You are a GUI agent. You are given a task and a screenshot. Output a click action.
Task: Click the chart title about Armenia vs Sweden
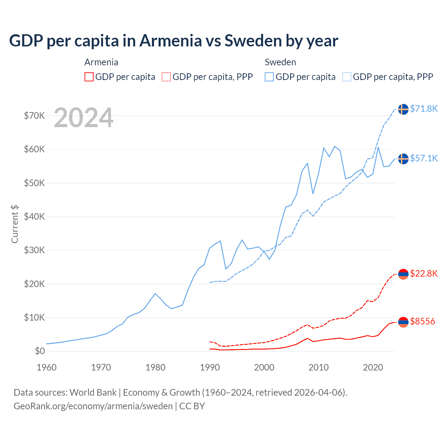coord(174,41)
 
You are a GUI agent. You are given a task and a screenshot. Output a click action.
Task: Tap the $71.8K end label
coord(424,109)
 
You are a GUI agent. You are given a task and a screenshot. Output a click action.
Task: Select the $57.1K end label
coord(424,158)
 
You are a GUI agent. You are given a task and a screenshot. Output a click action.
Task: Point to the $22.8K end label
coord(424,273)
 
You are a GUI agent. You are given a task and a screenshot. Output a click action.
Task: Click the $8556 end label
coord(423,321)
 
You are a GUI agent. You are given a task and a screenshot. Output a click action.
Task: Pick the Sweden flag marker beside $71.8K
coord(403,109)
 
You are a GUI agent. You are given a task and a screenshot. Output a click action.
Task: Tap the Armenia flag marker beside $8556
coord(403,322)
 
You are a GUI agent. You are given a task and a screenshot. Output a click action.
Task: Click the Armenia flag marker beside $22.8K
coord(403,274)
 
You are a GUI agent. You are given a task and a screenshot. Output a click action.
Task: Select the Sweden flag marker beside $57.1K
coord(403,159)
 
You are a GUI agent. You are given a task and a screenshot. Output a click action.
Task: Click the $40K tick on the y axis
coord(34,217)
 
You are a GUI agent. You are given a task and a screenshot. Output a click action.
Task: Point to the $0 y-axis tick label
coord(40,351)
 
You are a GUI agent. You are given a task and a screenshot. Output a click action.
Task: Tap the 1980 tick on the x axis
coord(155,367)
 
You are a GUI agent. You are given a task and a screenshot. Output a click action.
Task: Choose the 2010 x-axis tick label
coord(318,367)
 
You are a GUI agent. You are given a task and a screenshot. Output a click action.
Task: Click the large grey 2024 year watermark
coord(83,118)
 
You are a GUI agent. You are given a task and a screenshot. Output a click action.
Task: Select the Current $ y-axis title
coord(15,224)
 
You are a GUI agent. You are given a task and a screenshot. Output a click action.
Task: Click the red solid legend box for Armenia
coord(89,77)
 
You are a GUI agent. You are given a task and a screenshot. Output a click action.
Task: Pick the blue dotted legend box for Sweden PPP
coord(347,77)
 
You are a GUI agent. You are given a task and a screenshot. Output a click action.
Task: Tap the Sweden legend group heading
coord(280,62)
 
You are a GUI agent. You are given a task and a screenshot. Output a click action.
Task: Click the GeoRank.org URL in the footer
coord(93,406)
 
